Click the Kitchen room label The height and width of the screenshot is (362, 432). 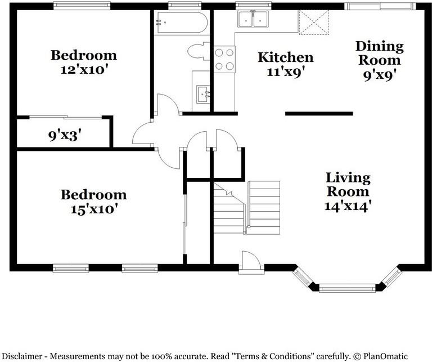tap(285, 57)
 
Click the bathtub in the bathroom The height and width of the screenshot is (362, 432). tap(181, 23)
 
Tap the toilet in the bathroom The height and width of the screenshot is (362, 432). tap(199, 52)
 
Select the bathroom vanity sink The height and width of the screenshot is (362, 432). tap(202, 93)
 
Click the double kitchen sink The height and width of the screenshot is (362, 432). tap(253, 20)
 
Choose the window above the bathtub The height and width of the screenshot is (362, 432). tap(177, 6)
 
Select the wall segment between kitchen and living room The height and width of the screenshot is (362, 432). tap(319, 114)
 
